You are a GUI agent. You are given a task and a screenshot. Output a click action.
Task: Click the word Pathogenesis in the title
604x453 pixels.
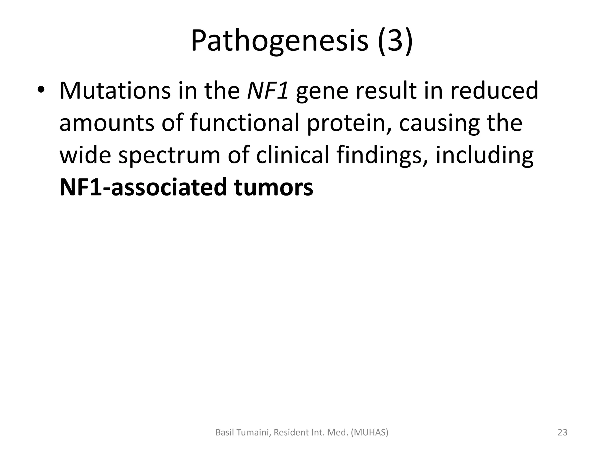pyautogui.click(x=280, y=41)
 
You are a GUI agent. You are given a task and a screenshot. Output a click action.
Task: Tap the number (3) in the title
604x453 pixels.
pyautogui.click(x=395, y=41)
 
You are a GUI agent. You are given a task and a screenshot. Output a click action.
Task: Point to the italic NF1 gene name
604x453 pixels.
pyautogui.click(x=267, y=91)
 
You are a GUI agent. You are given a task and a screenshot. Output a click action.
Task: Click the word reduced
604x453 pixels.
pyautogui.click(x=494, y=91)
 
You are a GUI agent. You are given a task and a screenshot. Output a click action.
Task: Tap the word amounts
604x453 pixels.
pyautogui.click(x=106, y=123)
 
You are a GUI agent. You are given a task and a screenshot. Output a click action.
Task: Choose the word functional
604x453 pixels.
pyautogui.click(x=244, y=123)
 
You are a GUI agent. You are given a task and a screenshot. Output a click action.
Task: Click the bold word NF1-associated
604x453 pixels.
pyautogui.click(x=143, y=188)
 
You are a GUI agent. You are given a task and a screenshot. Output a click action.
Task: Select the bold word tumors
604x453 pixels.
pyautogui.click(x=273, y=188)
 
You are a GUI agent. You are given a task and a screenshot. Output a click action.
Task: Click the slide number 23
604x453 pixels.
pyautogui.click(x=562, y=432)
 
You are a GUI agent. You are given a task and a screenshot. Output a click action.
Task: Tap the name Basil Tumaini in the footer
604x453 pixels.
pyautogui.click(x=243, y=432)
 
